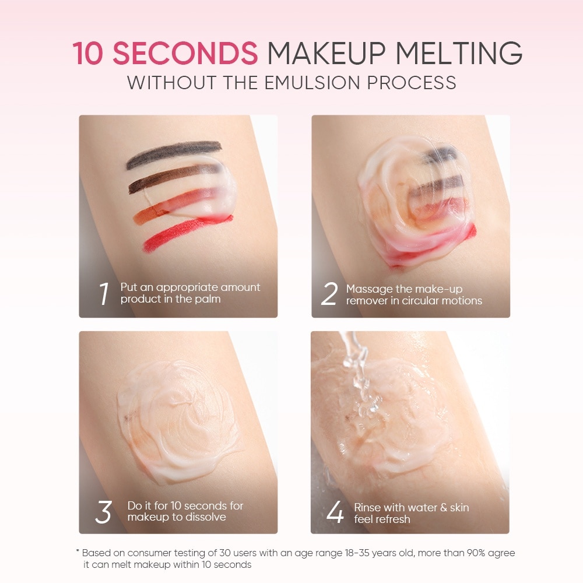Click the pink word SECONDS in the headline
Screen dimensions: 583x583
point(185,53)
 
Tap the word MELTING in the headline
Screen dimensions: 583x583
point(459,53)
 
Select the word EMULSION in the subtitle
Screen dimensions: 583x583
point(312,83)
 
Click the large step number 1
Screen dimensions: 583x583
point(104,293)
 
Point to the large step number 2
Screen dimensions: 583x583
point(329,293)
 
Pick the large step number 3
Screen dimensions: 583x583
point(103,512)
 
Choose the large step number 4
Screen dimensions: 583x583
point(335,512)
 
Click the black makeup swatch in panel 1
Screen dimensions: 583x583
point(174,154)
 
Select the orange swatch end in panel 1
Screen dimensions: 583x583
point(143,217)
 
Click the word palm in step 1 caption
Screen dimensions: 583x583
point(208,299)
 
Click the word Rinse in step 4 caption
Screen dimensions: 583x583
point(367,507)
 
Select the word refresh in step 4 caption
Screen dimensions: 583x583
point(393,519)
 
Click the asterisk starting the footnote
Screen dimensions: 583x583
point(78,551)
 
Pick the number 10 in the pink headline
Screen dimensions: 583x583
point(88,53)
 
